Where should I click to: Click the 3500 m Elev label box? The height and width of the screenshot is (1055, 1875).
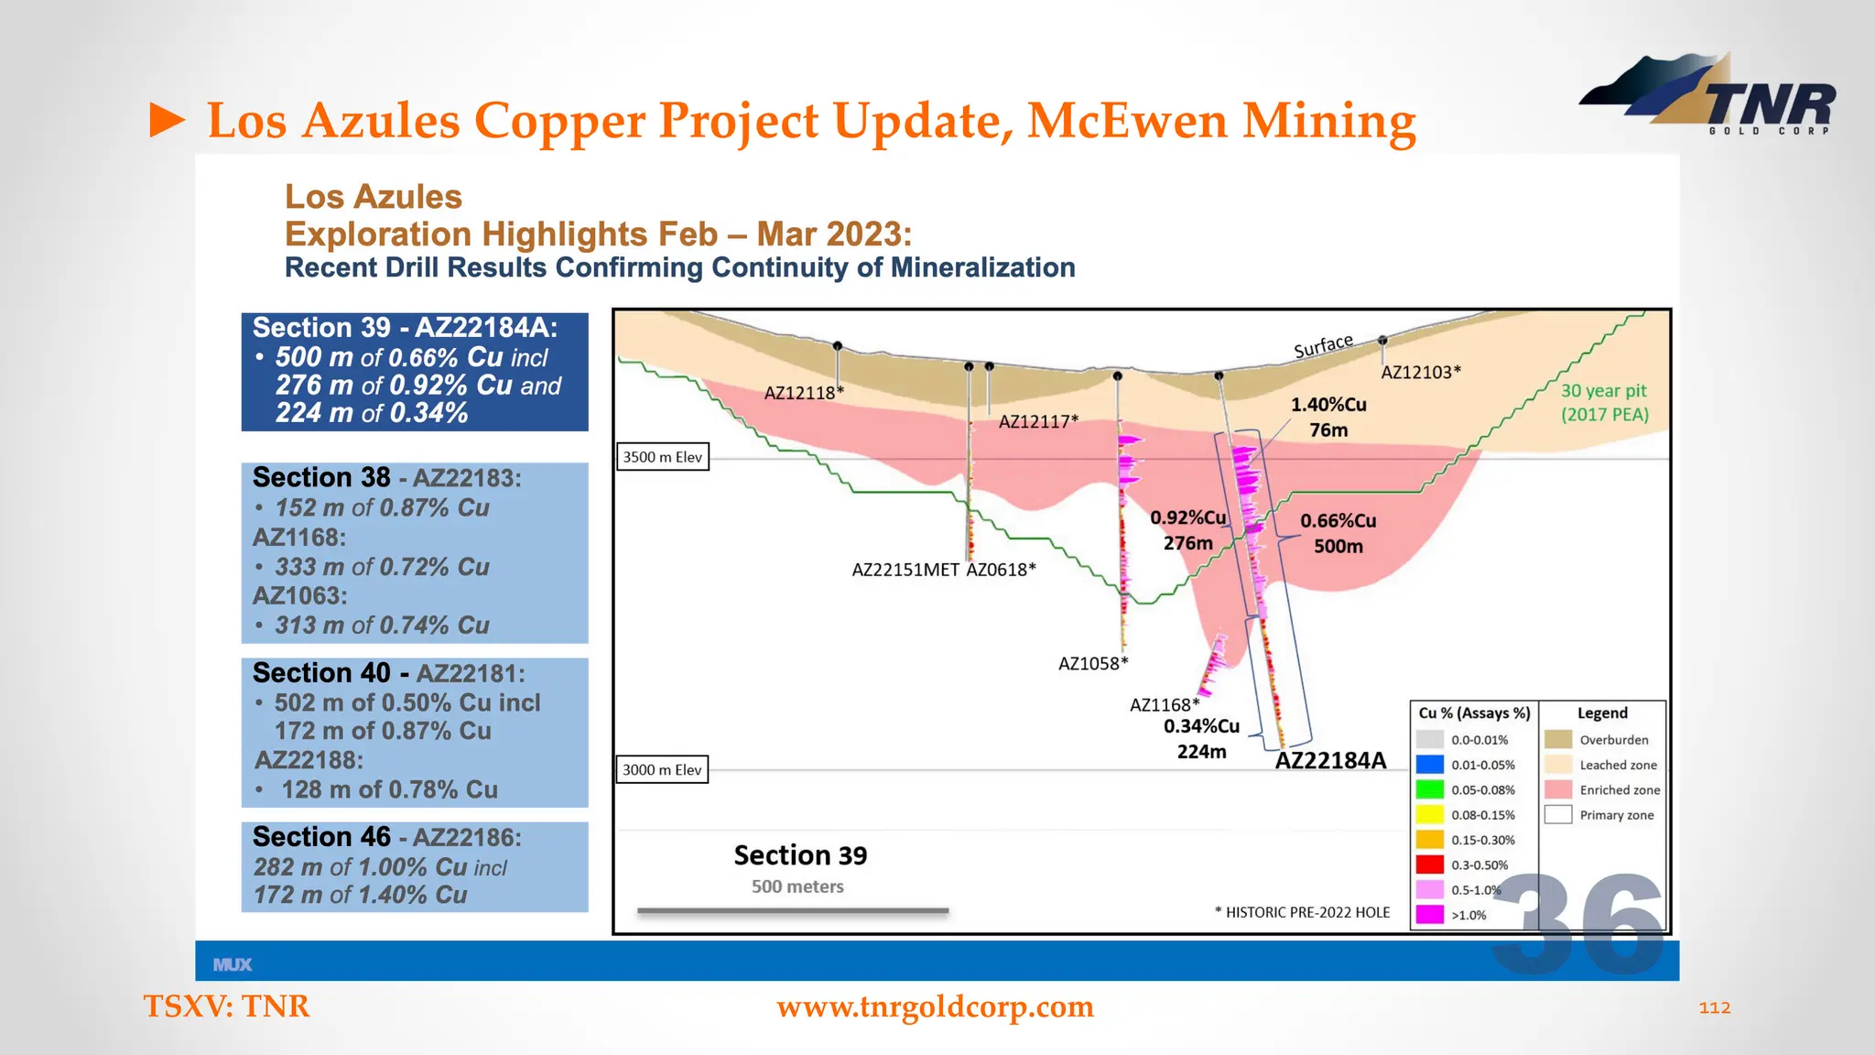pyautogui.click(x=662, y=457)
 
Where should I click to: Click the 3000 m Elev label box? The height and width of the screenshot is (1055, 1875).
pyautogui.click(x=662, y=769)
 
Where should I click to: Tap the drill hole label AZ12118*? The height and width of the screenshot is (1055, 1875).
pyautogui.click(x=804, y=393)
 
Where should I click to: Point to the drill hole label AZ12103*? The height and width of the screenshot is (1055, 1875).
pyautogui.click(x=1420, y=372)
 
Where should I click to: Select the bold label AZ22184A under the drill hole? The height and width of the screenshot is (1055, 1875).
pyautogui.click(x=1330, y=760)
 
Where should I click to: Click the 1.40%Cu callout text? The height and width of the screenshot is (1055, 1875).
pyautogui.click(x=1328, y=405)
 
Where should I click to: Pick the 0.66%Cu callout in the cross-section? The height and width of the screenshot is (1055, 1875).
pyautogui.click(x=1338, y=521)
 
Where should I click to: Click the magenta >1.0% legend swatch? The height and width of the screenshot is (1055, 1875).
pyautogui.click(x=1429, y=914)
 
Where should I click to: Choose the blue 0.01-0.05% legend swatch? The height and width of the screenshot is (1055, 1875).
pyautogui.click(x=1429, y=764)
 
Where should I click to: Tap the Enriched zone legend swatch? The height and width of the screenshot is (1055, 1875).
pyautogui.click(x=1557, y=789)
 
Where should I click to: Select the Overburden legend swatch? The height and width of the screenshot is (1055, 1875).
pyautogui.click(x=1557, y=739)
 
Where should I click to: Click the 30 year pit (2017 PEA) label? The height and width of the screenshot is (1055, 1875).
pyautogui.click(x=1604, y=402)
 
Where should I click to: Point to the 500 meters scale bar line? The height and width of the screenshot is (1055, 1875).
pyautogui.click(x=793, y=911)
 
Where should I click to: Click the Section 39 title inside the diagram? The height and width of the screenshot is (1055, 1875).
pyautogui.click(x=800, y=855)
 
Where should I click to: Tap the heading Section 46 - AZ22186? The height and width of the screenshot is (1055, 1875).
pyautogui.click(x=386, y=837)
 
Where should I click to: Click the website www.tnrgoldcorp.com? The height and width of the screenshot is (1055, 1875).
pyautogui.click(x=935, y=1006)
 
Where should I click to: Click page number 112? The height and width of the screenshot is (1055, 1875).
pyautogui.click(x=1714, y=1007)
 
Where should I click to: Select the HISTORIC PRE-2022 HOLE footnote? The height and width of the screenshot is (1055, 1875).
pyautogui.click(x=1302, y=912)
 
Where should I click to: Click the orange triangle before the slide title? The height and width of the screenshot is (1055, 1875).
pyautogui.click(x=167, y=121)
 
